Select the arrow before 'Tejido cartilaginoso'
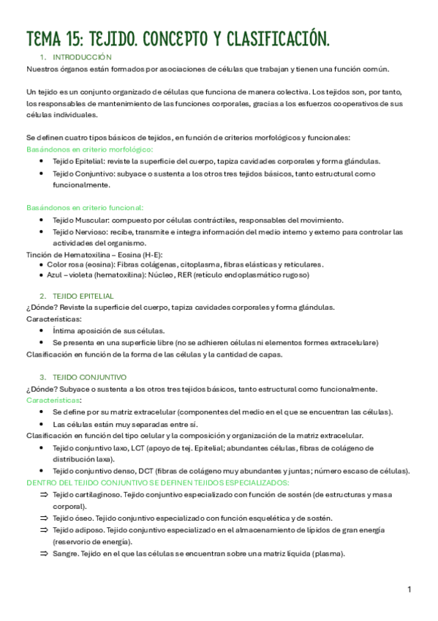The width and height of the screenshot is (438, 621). pos(44,495)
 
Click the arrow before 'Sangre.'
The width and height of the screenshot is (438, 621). pos(44,554)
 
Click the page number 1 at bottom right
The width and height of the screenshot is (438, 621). pos(409,590)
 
